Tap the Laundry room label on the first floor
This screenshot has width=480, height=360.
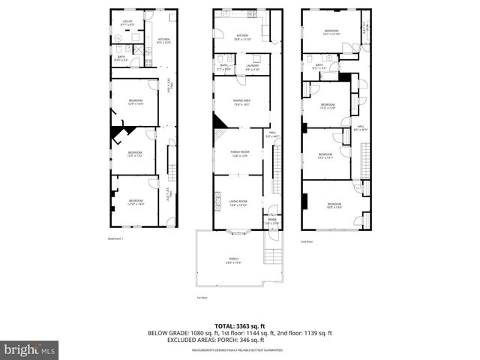251,67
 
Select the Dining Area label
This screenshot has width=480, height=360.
240,102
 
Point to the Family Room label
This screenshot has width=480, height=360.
240,154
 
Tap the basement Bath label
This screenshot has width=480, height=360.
121,58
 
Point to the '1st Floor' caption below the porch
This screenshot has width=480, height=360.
201,296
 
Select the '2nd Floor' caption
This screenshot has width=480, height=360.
306,241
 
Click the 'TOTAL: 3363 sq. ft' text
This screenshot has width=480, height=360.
240,325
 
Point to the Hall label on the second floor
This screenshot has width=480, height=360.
360,127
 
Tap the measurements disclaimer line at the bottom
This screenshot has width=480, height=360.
240,350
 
